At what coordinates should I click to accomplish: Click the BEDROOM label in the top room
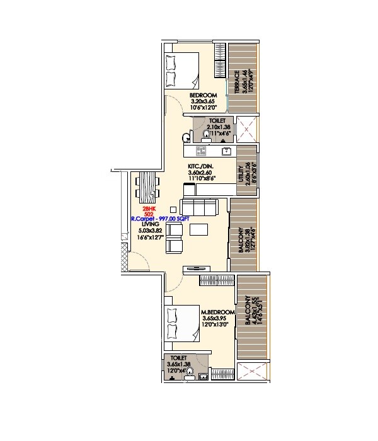click(202, 96)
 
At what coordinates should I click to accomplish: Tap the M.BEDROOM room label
click(217, 312)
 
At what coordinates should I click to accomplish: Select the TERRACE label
click(238, 82)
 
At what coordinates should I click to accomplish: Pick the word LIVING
click(149, 224)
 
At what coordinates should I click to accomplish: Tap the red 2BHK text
click(149, 208)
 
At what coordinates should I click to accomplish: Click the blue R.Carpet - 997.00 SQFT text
click(161, 218)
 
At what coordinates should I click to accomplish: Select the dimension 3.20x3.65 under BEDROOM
click(203, 101)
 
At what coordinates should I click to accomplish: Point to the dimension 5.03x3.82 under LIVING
click(150, 230)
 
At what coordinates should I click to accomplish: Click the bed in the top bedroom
click(182, 69)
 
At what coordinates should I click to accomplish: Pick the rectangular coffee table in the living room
click(200, 229)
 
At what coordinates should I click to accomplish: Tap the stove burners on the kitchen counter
click(202, 151)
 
